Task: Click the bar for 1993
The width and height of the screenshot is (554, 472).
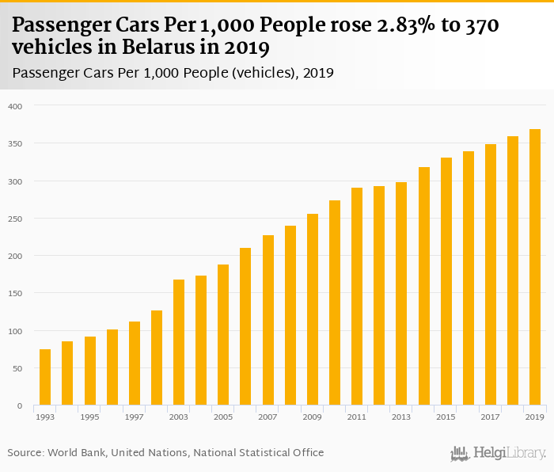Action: pos(45,377)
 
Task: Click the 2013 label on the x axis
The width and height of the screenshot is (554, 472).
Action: pos(401,417)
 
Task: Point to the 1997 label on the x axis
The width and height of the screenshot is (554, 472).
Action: pos(135,417)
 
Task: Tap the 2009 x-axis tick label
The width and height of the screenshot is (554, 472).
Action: pos(313,417)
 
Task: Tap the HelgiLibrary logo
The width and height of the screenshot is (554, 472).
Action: pos(498,453)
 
